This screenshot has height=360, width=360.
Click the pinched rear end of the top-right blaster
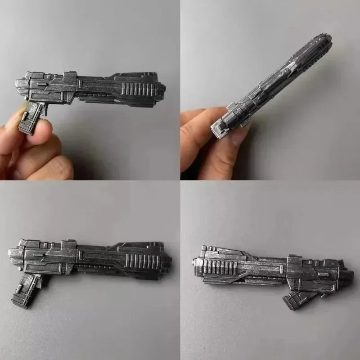tap(220, 126)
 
